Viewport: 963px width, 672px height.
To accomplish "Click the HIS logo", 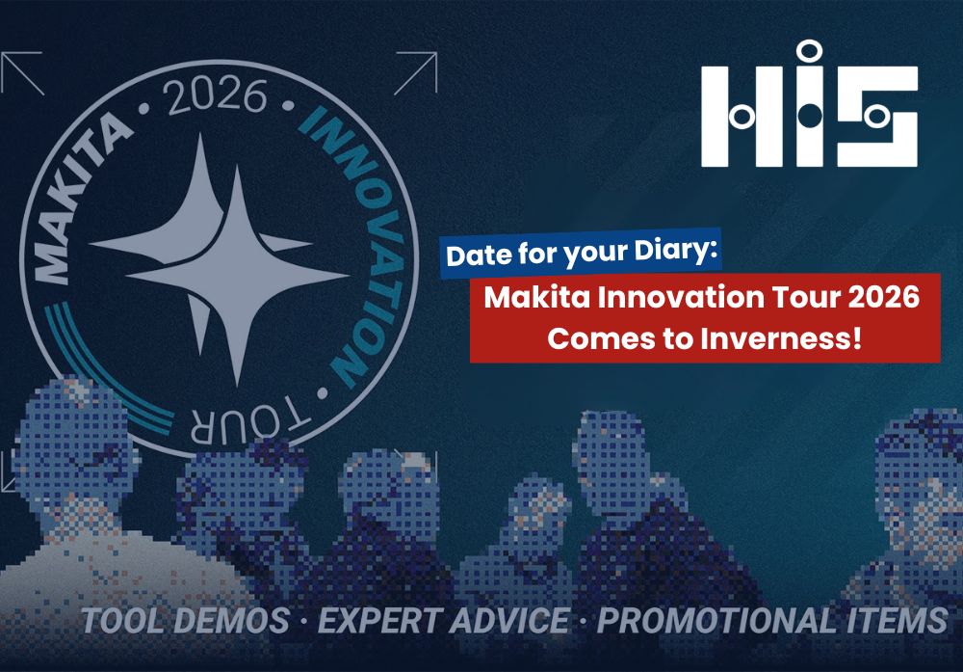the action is coord(810,104).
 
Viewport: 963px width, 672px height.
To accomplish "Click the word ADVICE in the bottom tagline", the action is coord(509,620).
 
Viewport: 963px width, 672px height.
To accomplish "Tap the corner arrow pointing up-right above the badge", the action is coord(416,73).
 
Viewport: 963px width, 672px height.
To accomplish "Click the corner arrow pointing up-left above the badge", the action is coord(22,73).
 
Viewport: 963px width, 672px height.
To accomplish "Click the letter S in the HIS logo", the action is coord(877,117).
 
